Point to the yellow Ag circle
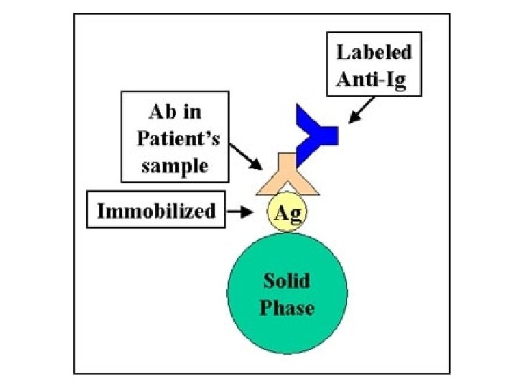(x=287, y=212)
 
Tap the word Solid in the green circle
(x=286, y=280)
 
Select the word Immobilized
(x=155, y=211)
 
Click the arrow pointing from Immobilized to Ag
(x=239, y=211)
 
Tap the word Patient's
(x=174, y=139)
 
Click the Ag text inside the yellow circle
(x=287, y=212)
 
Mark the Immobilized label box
(x=155, y=211)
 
